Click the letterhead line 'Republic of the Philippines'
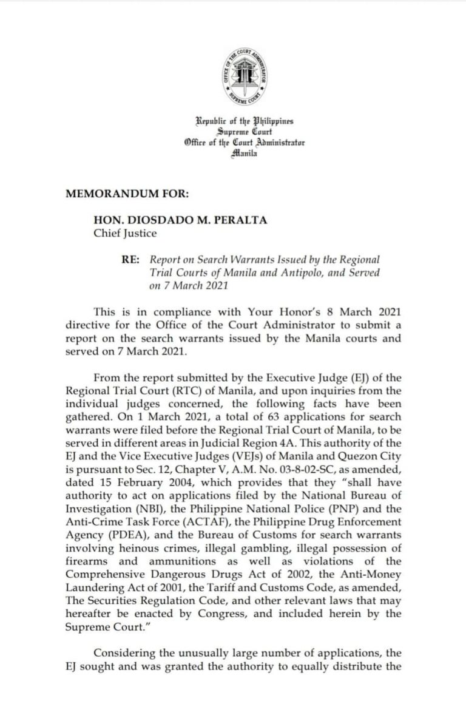click(244, 121)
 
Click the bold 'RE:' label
click(130, 260)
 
